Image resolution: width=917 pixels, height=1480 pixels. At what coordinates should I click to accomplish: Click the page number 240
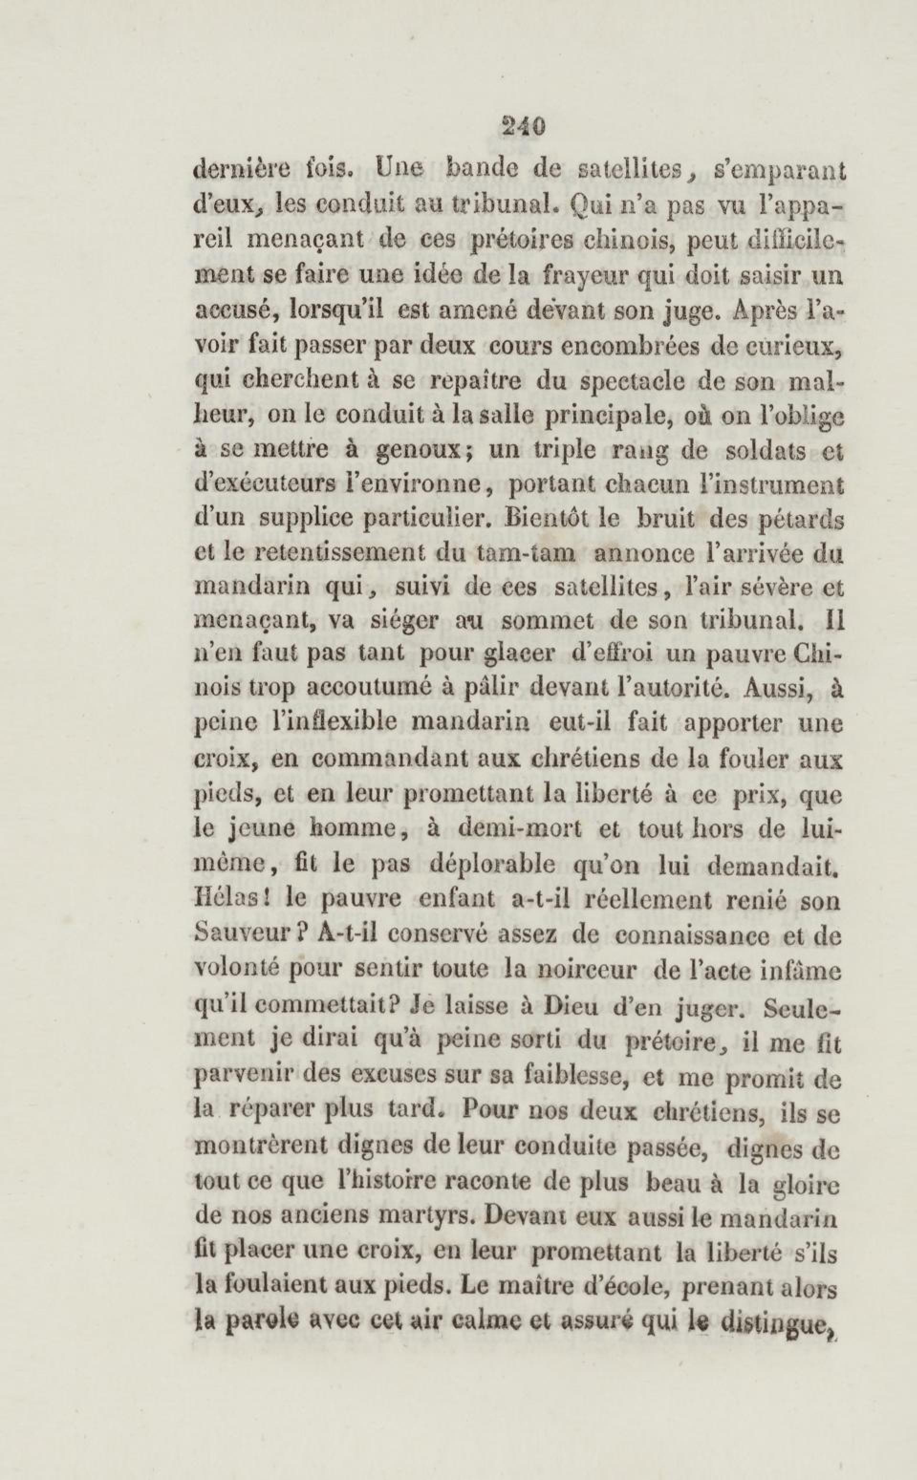(523, 128)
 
